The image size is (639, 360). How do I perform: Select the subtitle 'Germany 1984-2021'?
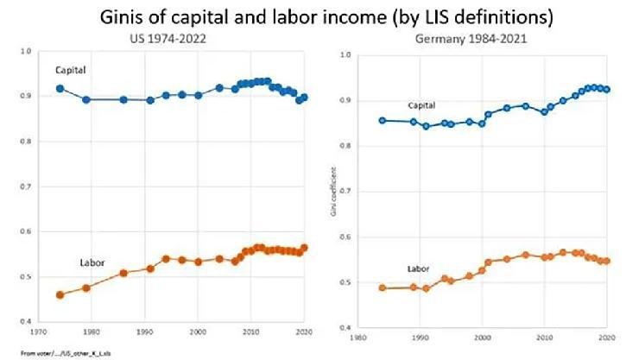tap(480, 39)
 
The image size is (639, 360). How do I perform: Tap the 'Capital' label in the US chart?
tap(71, 70)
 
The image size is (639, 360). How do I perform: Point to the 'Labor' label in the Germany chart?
tap(419, 268)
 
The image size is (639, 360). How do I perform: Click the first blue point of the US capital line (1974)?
tap(60, 88)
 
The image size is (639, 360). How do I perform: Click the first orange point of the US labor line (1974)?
tap(60, 295)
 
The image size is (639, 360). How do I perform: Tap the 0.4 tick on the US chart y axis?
tap(26, 321)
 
